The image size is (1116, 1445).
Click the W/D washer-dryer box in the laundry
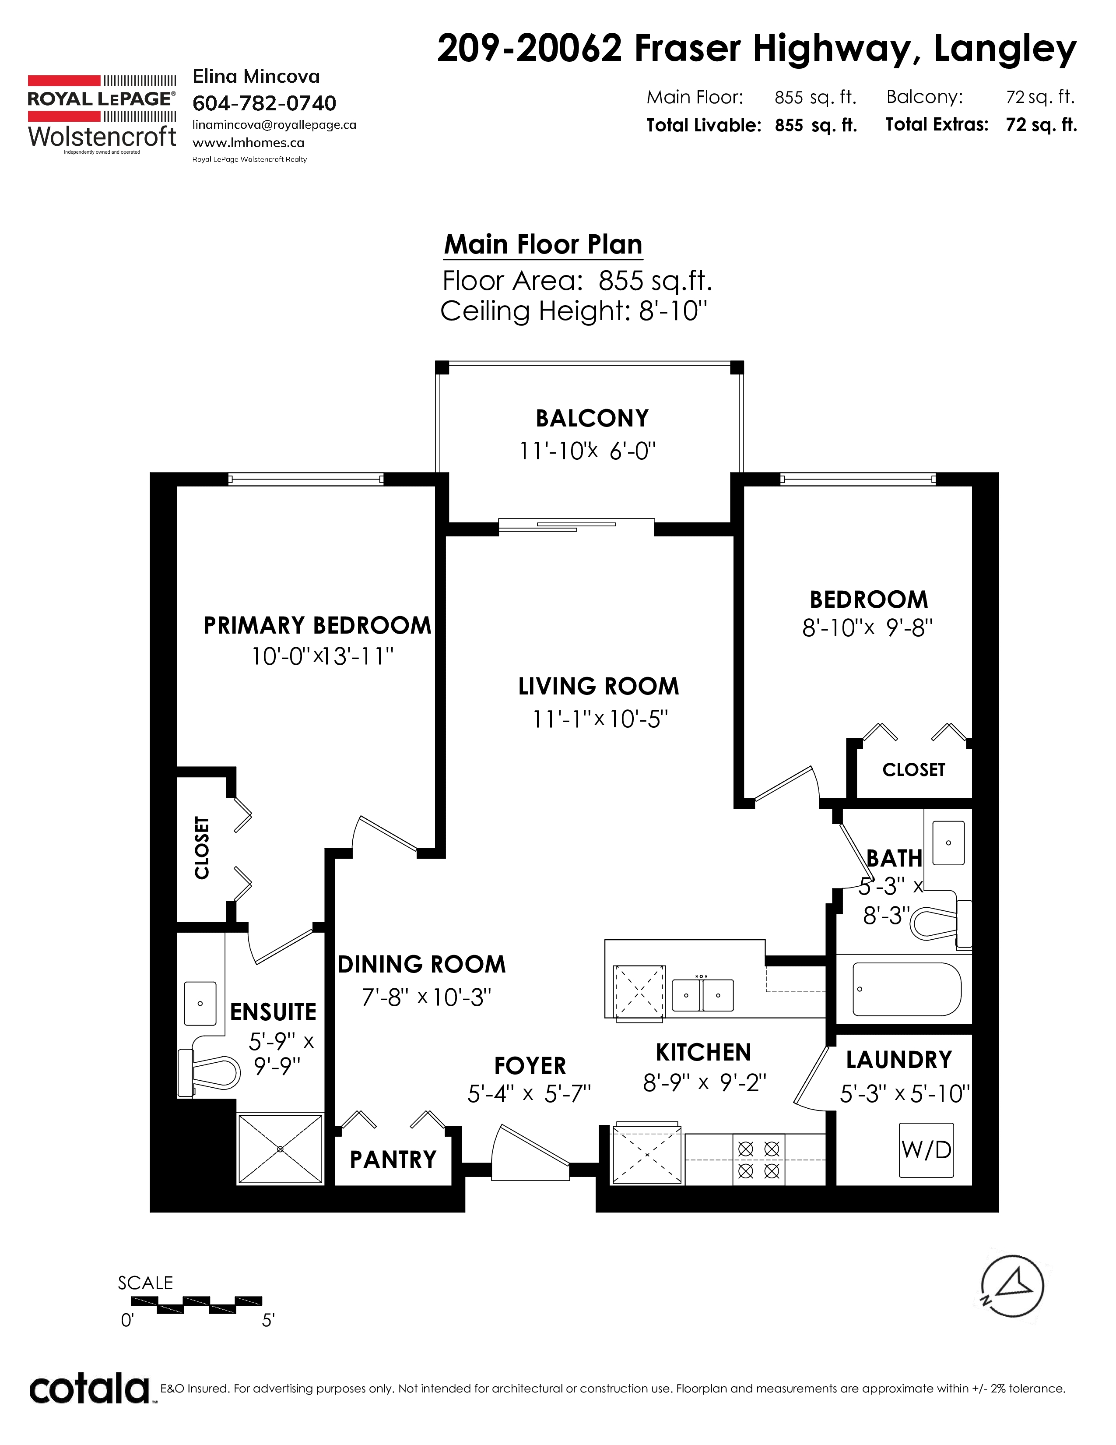click(x=926, y=1150)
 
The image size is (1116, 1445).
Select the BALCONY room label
click(x=592, y=418)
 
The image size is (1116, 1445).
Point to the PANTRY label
click(x=393, y=1159)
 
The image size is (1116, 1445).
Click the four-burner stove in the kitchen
click(x=758, y=1160)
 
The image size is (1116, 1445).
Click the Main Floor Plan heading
click(x=543, y=244)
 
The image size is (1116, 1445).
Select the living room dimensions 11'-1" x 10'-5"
click(x=601, y=719)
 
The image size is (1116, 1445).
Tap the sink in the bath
click(x=948, y=843)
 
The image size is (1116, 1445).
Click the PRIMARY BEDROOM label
click(x=317, y=625)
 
